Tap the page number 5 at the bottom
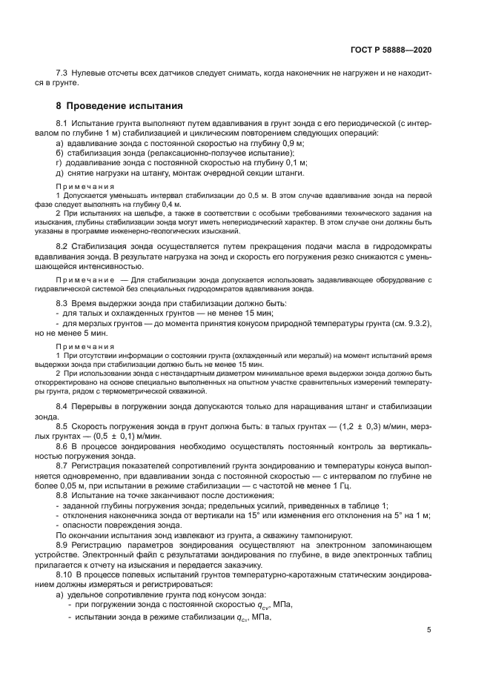pos(428,630)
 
